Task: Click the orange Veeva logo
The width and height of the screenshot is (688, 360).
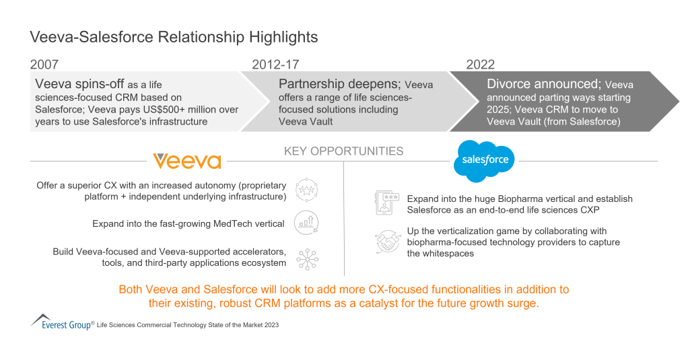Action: [186, 161]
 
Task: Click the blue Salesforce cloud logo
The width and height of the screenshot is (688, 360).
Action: [484, 161]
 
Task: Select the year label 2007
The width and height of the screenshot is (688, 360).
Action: [44, 65]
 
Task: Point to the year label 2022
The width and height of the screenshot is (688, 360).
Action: [481, 65]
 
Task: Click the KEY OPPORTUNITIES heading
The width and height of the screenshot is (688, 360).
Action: [343, 151]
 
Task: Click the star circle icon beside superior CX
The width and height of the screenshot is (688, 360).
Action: [306, 191]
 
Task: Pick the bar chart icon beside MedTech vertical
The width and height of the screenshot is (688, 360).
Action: [306, 223]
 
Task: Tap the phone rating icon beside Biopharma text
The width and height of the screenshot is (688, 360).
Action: [386, 203]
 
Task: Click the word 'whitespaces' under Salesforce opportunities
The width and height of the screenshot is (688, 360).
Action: [454, 253]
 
